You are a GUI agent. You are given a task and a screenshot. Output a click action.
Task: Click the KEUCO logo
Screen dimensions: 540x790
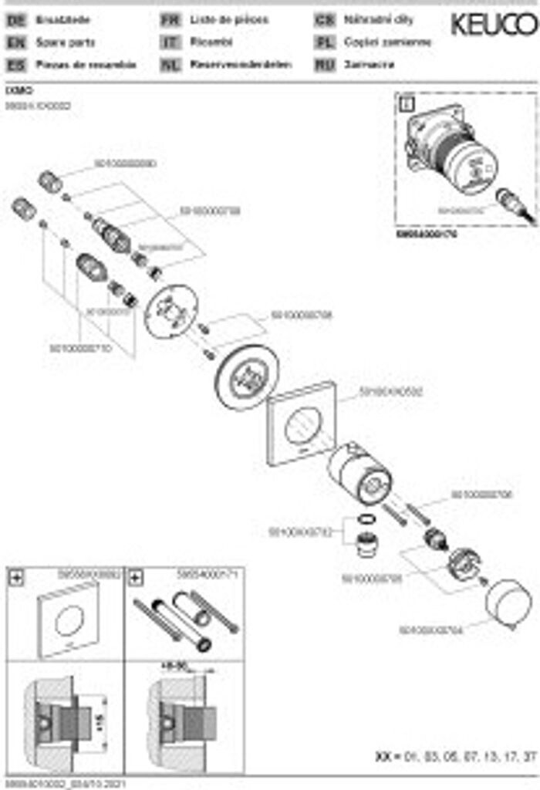(493, 25)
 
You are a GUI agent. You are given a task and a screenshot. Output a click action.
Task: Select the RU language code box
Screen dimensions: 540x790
(325, 65)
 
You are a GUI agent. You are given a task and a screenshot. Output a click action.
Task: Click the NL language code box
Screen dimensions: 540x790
(170, 65)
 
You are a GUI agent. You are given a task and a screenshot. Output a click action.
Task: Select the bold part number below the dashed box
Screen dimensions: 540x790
(426, 232)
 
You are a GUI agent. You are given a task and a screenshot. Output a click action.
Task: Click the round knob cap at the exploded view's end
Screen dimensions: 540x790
(508, 603)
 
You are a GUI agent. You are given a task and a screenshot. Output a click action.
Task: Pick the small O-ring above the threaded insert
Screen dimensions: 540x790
(370, 518)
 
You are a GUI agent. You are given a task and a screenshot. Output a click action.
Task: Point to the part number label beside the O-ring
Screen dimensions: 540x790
(299, 532)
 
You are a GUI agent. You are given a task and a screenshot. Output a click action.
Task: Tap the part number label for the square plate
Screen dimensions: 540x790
(391, 392)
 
